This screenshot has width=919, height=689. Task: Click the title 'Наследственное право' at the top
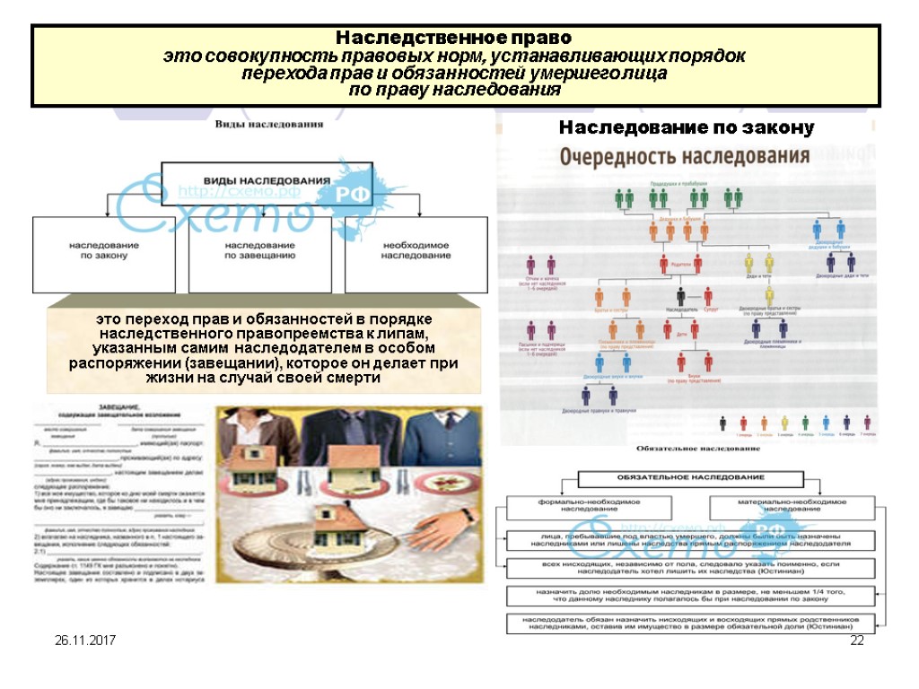[453, 39]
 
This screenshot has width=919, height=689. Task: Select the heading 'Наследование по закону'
[687, 128]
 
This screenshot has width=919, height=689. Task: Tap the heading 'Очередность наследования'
[685, 156]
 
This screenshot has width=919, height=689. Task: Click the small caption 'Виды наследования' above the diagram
[267, 125]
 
